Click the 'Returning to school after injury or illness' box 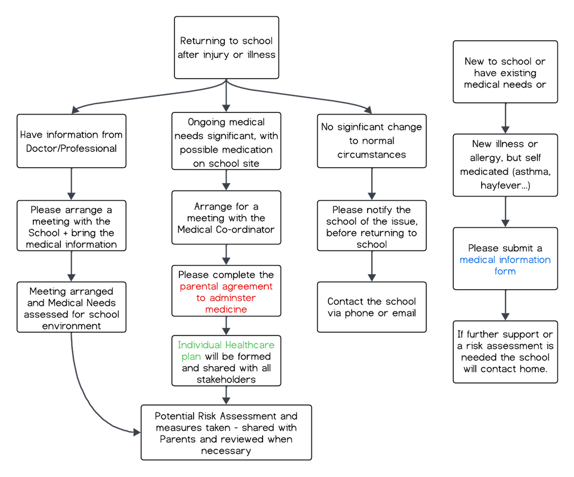pyautogui.click(x=226, y=48)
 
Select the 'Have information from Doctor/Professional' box pyautogui.click(x=72, y=141)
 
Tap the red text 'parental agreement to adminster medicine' pyautogui.click(x=226, y=298)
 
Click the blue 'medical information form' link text pyautogui.click(x=505, y=265)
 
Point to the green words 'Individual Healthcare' pyautogui.click(x=226, y=345)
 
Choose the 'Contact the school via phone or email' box pyautogui.click(x=371, y=307)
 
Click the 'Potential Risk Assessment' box pyautogui.click(x=226, y=432)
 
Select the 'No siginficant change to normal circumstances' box pyautogui.click(x=371, y=141)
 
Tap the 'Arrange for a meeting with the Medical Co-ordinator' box pyautogui.click(x=226, y=218)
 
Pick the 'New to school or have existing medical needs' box pyautogui.click(x=505, y=72)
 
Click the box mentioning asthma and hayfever pyautogui.click(x=505, y=165)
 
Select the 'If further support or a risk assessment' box pyautogui.click(x=505, y=352)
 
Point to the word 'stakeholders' pyautogui.click(x=226, y=379)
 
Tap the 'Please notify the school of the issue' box pyautogui.click(x=371, y=226)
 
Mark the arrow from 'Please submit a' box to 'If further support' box pyautogui.click(x=506, y=305)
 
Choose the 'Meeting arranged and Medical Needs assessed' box pyautogui.click(x=72, y=307)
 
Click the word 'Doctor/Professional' pyautogui.click(x=72, y=149)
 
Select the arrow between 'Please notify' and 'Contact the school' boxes pyautogui.click(x=372, y=266)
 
